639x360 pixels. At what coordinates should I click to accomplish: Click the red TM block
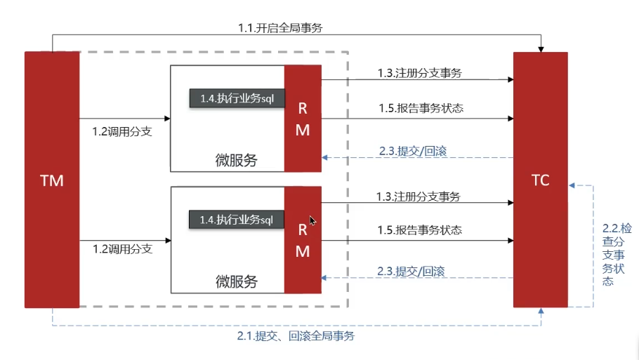coord(52,180)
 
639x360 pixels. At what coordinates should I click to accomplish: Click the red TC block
coord(541,180)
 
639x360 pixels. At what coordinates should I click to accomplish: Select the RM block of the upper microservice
coord(303,119)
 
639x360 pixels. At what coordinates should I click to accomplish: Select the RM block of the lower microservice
coord(303,240)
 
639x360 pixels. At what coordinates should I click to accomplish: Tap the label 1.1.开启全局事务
coord(280,27)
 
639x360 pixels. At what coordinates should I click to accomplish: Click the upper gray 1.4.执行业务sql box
coord(237,98)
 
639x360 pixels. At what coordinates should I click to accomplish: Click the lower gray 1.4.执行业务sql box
coord(237,220)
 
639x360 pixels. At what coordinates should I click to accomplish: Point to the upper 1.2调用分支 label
coord(122,131)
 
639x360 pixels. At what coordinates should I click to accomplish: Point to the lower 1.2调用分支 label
coord(123,249)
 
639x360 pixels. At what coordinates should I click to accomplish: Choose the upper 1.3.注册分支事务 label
coord(420,73)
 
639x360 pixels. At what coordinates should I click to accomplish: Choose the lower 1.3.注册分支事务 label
coord(418,196)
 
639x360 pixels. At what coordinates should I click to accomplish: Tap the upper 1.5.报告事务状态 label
coord(421,108)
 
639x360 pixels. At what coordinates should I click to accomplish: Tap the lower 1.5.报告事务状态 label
coord(420,230)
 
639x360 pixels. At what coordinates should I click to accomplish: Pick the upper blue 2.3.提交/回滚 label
coord(413,151)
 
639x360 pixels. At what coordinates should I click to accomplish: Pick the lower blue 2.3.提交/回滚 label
coord(411,271)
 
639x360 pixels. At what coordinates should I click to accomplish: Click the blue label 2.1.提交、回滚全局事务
coord(296,336)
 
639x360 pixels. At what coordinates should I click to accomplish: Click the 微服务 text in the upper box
coord(237,160)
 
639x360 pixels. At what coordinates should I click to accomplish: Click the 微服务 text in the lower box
coord(237,281)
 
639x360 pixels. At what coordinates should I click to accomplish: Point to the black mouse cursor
coord(312,221)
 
